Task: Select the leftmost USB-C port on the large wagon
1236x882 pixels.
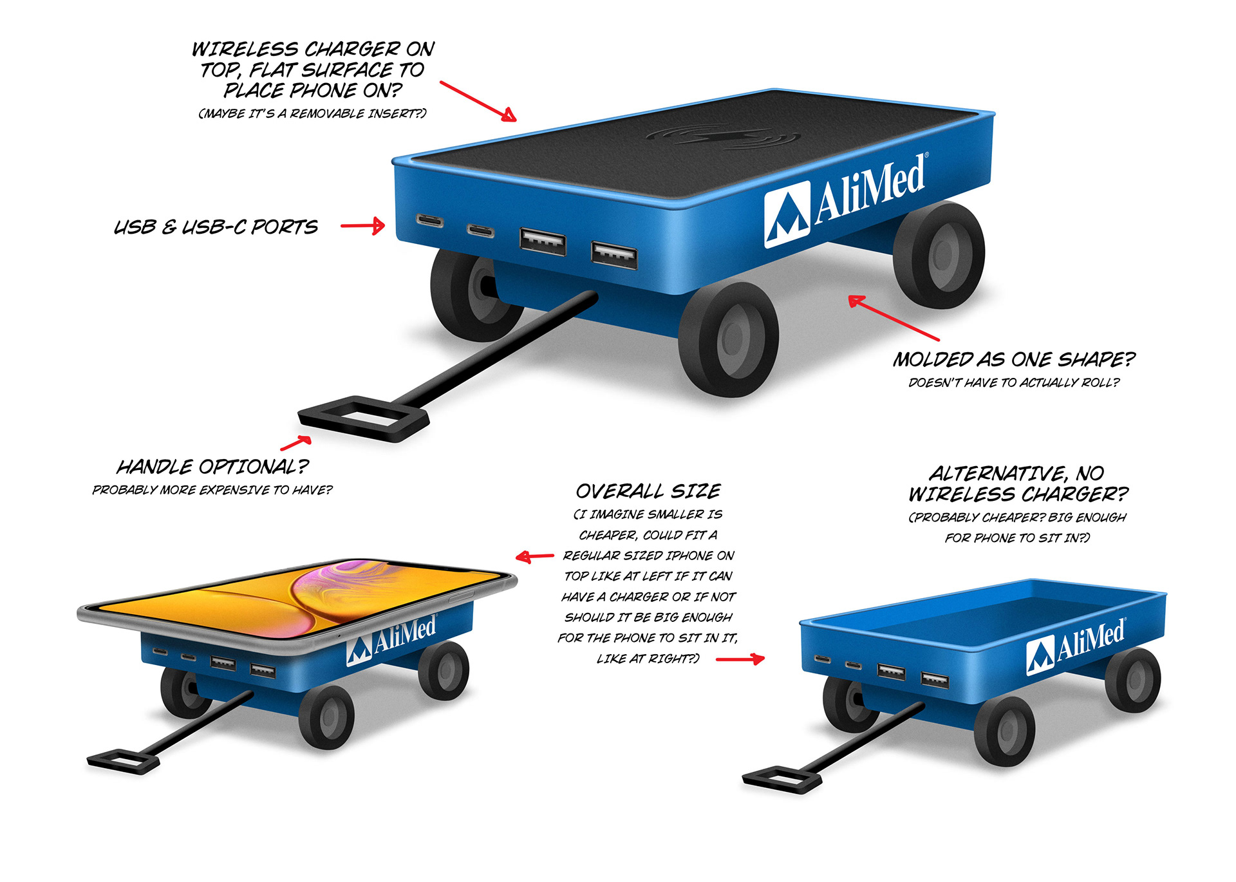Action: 430,221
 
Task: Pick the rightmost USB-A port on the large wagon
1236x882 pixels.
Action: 614,254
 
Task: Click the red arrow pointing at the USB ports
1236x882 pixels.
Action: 362,225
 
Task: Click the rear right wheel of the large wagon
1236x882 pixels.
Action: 939,254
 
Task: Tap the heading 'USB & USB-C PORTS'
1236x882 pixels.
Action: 216,227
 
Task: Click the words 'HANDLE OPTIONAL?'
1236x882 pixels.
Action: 212,466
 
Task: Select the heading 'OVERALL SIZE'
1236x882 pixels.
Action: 648,491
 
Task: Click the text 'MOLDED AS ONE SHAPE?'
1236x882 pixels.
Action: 1013,359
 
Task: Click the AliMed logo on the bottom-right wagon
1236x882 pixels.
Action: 1075,646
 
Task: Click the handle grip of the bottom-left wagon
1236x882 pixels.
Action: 122,760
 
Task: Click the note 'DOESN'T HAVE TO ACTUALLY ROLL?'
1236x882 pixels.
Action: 1013,382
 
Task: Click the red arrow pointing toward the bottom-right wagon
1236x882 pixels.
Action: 740,659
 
